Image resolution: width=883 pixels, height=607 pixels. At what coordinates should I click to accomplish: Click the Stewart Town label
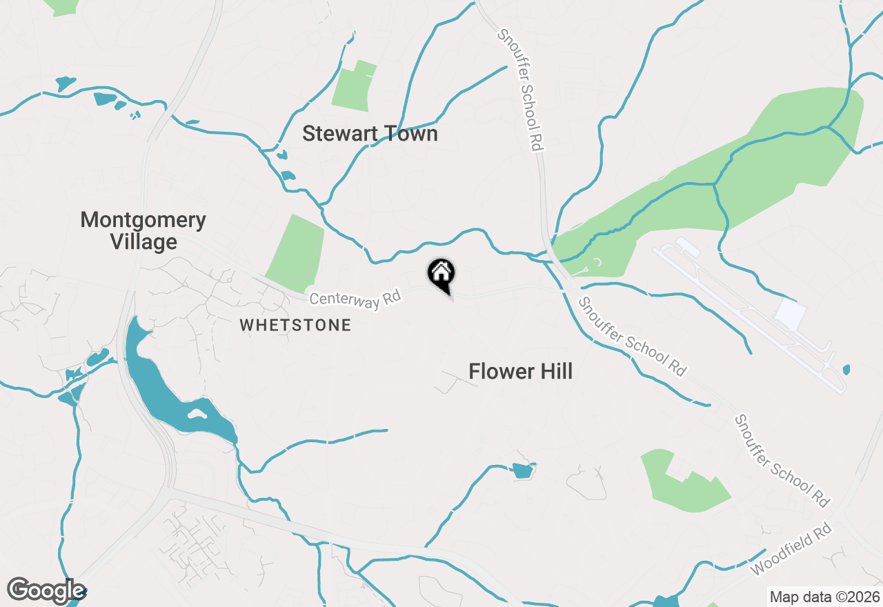(x=370, y=134)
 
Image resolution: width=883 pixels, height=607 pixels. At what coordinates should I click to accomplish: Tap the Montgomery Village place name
(x=143, y=231)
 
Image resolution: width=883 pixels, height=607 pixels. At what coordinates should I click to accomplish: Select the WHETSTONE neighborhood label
(x=295, y=325)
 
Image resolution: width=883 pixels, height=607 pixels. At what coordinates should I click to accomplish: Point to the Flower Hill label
(x=520, y=372)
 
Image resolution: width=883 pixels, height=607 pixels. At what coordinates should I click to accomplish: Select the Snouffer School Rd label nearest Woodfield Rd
(x=782, y=460)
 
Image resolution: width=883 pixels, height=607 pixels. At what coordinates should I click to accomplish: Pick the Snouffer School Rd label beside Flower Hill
(x=633, y=337)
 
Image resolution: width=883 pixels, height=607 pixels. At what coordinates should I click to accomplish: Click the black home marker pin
(x=441, y=275)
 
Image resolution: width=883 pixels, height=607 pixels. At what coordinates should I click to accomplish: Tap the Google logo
(x=46, y=591)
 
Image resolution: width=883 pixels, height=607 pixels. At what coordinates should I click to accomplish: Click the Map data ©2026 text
(x=824, y=597)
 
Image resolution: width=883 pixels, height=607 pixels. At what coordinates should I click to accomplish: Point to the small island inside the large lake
(x=197, y=414)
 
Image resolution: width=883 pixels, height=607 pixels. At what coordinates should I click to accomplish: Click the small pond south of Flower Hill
(x=523, y=471)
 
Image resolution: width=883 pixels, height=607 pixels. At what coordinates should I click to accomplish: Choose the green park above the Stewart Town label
(x=353, y=87)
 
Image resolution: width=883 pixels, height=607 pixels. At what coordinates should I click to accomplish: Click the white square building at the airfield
(x=791, y=315)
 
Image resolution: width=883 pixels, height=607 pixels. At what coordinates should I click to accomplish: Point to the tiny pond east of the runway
(x=846, y=370)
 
